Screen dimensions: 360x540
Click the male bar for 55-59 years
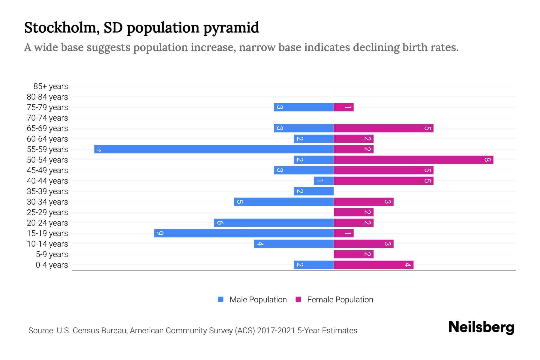(x=214, y=149)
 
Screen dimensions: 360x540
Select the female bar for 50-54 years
(x=413, y=160)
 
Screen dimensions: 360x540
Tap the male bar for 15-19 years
(x=244, y=233)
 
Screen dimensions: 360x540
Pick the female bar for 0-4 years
(x=373, y=265)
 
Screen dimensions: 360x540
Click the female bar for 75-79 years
(x=343, y=107)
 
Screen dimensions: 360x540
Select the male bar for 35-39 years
(x=313, y=191)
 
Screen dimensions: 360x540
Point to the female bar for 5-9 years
(x=353, y=254)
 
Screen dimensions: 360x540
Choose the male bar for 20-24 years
(x=274, y=223)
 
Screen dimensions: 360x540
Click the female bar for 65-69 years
(x=383, y=128)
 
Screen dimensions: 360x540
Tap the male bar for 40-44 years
(x=324, y=181)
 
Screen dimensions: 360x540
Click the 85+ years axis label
(x=50, y=86)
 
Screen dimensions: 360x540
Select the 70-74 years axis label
(x=47, y=118)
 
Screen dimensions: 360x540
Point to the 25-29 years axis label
(x=47, y=212)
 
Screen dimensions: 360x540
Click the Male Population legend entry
(x=258, y=299)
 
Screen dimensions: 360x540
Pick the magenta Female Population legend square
(x=298, y=299)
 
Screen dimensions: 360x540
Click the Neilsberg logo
(x=481, y=327)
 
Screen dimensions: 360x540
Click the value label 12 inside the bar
(x=98, y=149)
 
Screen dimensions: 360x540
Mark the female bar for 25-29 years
(x=353, y=212)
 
